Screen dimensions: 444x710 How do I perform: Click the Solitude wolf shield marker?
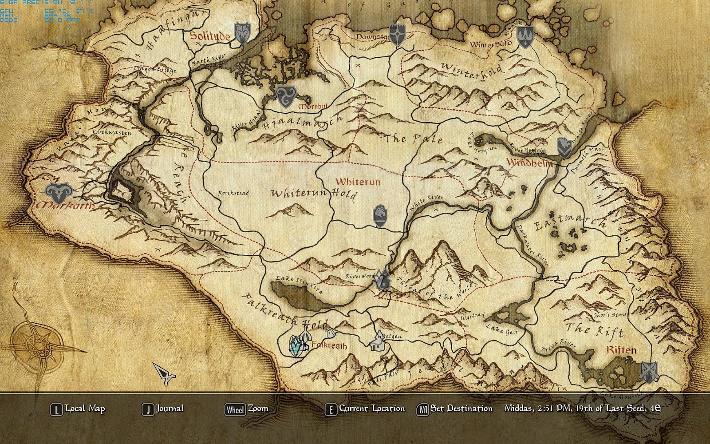point(242,34)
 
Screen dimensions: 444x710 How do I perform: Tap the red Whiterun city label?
point(358,182)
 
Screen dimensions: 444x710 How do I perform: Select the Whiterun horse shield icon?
point(380,216)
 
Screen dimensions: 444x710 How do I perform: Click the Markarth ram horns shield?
point(58,194)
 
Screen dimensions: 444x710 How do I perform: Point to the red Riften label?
point(621,350)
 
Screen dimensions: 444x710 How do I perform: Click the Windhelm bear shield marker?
point(564,147)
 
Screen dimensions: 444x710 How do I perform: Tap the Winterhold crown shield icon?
point(525,36)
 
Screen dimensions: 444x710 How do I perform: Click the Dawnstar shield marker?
point(397,35)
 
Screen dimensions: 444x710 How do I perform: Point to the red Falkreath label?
point(329,345)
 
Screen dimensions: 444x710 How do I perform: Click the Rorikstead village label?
point(233,193)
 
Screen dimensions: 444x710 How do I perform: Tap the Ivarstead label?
point(472,316)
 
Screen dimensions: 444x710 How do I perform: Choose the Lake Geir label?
point(501,330)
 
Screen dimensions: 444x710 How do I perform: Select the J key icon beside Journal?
point(148,409)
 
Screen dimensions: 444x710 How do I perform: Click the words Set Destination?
point(461,408)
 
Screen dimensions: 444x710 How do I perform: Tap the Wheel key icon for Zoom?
point(235,409)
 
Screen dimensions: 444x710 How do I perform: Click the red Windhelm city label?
point(529,163)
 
